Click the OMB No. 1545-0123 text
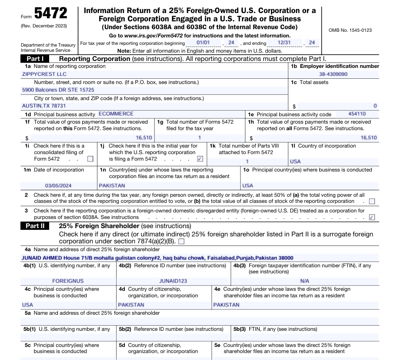pos(350,30)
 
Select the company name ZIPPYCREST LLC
pos(44,74)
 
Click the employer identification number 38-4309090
pos(334,74)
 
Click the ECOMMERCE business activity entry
pos(116,114)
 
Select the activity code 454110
pos(357,114)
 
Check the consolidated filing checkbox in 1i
pos(90,159)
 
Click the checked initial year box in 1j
pos(200,159)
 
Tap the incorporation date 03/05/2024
pos(58,185)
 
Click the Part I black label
pos(35,59)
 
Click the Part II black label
pos(35,226)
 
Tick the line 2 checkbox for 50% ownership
pos(372,202)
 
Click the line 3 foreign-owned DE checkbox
pos(372,217)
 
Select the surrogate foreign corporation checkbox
pos(181,241)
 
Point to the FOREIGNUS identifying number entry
pos(68,281)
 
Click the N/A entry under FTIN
pos(304,281)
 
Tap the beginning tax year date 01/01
pos(203,43)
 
